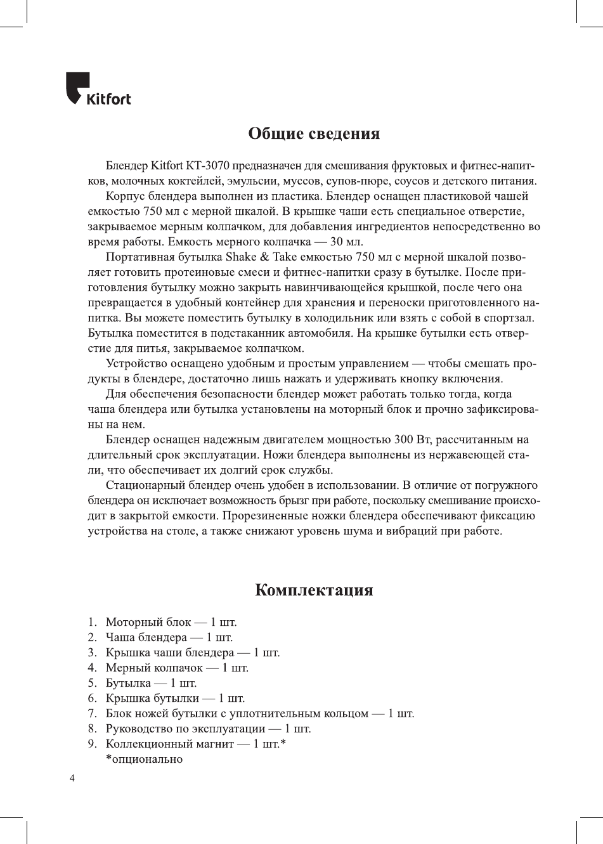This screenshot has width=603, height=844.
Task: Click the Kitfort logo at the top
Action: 98,90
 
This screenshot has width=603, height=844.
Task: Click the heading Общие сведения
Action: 314,134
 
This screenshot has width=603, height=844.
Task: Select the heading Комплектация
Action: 314,590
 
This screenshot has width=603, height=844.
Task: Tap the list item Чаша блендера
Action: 146,637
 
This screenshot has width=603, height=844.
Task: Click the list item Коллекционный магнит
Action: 169,744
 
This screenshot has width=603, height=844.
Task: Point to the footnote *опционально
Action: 144,759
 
